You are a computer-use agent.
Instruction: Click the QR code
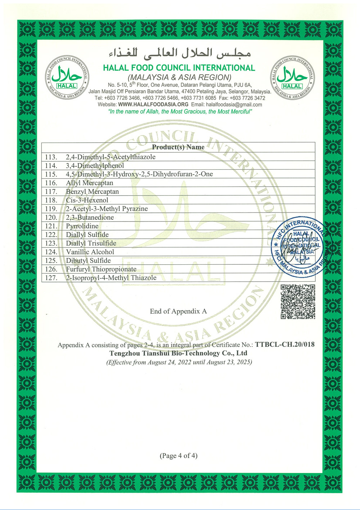[x=298, y=301]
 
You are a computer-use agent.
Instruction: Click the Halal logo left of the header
[x=67, y=77]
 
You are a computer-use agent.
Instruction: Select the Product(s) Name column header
[x=178, y=147]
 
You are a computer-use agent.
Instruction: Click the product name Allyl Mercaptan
[x=89, y=183]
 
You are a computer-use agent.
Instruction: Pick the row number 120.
[x=51, y=218]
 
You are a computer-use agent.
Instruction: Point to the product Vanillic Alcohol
[x=90, y=252]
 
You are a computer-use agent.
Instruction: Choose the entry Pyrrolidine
[x=82, y=226]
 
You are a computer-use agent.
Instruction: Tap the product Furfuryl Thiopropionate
[x=101, y=269]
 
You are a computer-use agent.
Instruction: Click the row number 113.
[x=51, y=157]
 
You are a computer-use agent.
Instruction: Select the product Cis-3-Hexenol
[x=87, y=200]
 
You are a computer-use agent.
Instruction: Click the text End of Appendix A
[x=178, y=311]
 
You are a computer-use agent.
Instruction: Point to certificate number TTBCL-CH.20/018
[x=285, y=344]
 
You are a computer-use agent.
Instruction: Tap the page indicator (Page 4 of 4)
[x=179, y=456]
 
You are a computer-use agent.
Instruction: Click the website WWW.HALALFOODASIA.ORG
[x=153, y=104]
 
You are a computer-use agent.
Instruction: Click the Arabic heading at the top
[x=179, y=53]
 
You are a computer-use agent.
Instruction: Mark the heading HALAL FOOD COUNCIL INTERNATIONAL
[x=179, y=68]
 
